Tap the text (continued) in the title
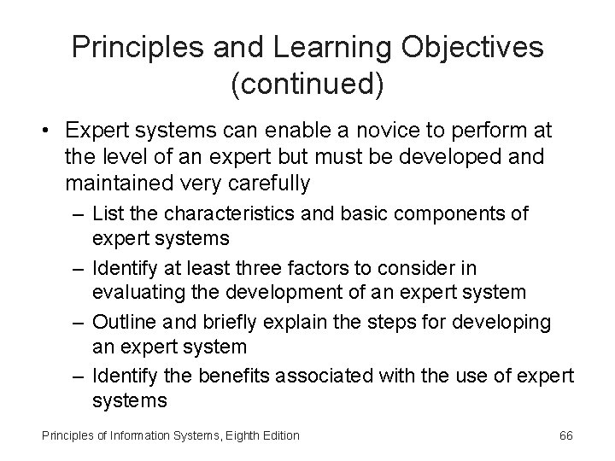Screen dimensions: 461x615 point(307,85)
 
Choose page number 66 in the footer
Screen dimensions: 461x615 point(565,435)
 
